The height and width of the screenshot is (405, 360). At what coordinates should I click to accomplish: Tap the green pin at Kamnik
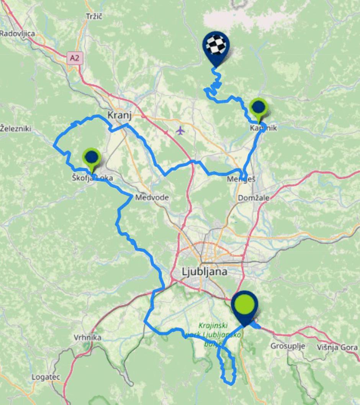tap(259, 107)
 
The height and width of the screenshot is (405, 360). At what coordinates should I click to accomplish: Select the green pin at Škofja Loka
tap(92, 157)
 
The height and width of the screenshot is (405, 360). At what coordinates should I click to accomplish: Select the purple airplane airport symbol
tap(180, 131)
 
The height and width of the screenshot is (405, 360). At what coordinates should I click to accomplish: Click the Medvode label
tap(152, 198)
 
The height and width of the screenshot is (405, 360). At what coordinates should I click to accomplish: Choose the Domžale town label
tap(254, 198)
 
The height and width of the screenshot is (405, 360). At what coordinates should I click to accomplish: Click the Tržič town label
tap(95, 16)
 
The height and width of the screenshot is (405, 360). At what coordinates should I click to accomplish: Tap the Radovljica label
tap(17, 33)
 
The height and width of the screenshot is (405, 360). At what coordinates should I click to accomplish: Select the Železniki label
tap(15, 128)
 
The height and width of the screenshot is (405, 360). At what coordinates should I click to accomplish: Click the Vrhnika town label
tap(87, 338)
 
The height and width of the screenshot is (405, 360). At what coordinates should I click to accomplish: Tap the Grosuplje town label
tap(288, 346)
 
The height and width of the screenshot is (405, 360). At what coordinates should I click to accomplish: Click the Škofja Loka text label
tap(92, 178)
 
